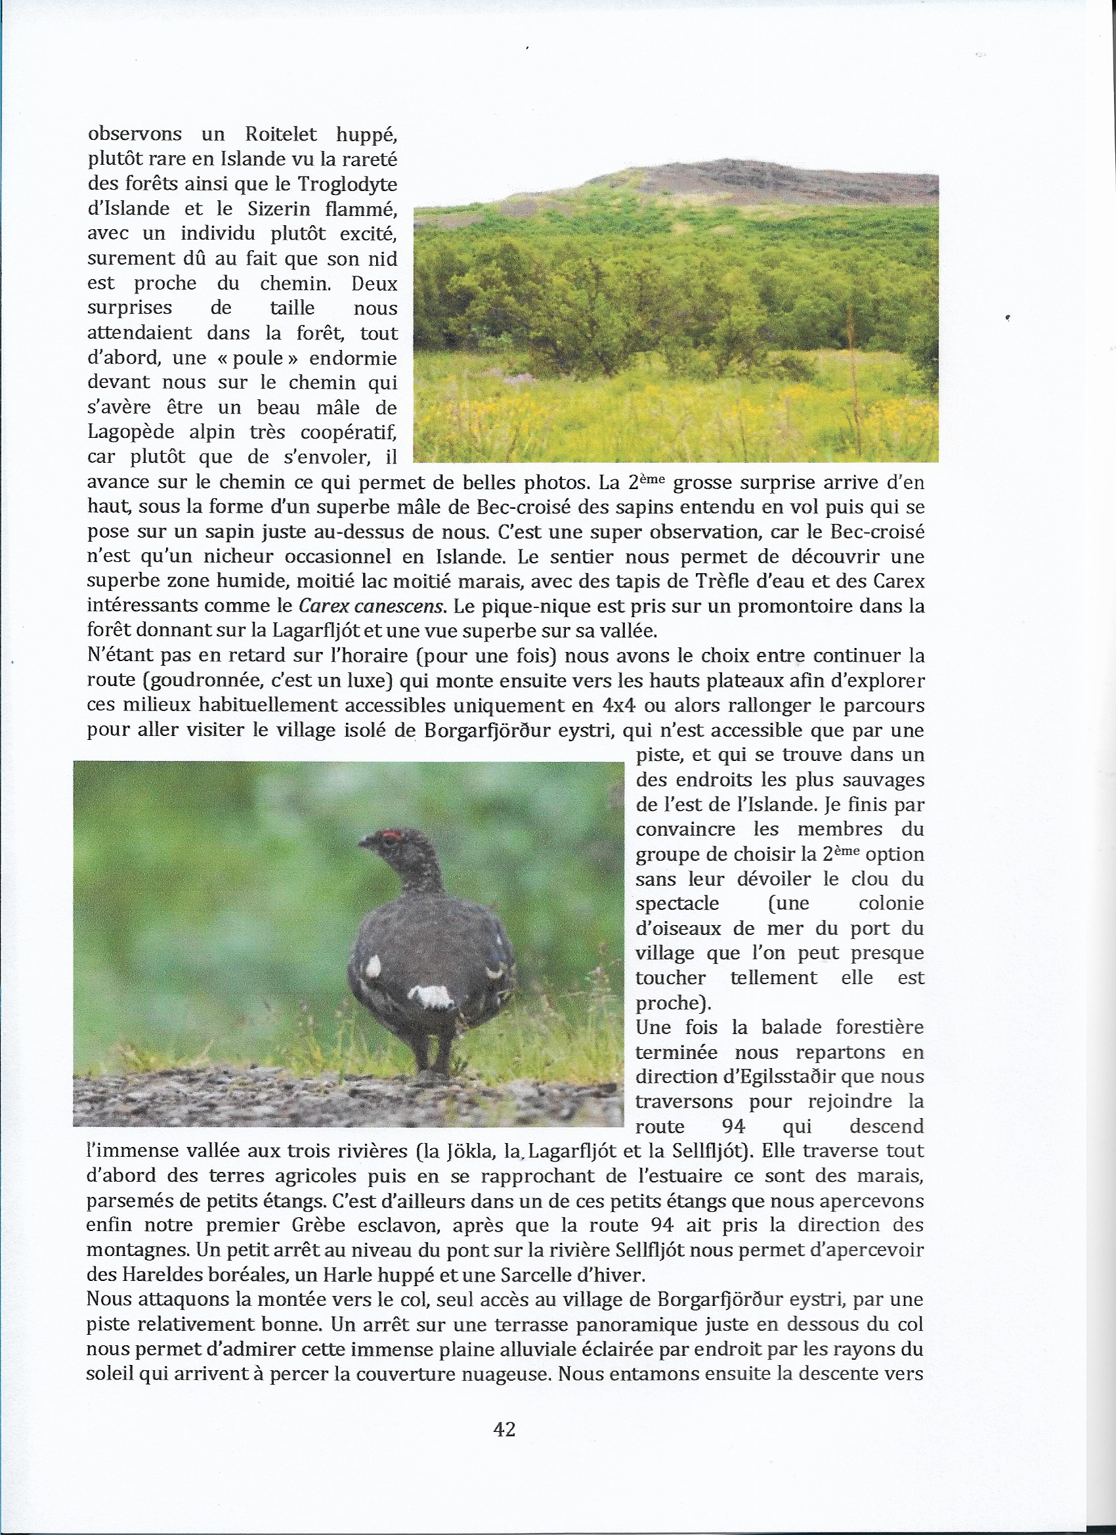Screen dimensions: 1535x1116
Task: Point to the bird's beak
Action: pos(364,842)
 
